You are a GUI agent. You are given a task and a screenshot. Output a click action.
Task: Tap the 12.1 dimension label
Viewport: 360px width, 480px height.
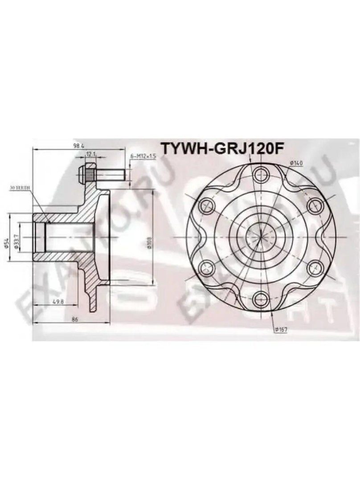coord(91,155)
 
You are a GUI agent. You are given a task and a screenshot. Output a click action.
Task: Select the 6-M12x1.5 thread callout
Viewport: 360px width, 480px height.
coord(143,156)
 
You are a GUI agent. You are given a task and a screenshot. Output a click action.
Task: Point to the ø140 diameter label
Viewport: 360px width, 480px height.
coord(296,163)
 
